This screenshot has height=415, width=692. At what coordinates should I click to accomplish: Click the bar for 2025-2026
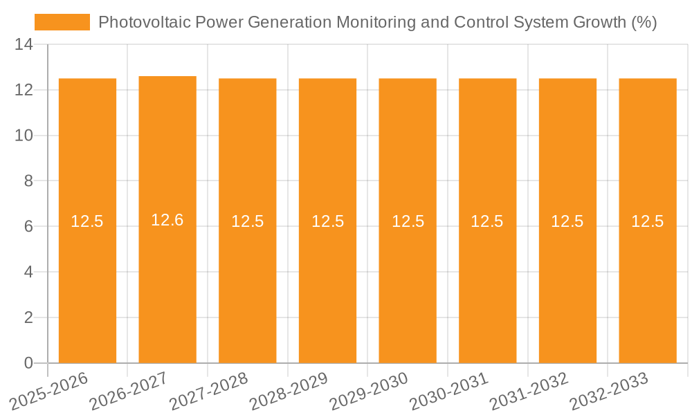coord(87,277)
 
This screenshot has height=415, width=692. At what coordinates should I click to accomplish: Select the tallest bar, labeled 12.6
coord(167,277)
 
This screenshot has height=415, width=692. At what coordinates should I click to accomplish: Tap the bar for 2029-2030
coord(408,277)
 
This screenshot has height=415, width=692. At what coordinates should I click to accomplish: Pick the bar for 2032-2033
coord(648,277)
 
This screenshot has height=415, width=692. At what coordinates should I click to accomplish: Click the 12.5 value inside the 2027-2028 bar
coord(248,221)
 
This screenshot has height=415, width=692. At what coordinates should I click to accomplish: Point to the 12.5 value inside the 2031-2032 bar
coord(567,221)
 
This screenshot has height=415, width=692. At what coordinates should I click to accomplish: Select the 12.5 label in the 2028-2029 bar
coord(328,221)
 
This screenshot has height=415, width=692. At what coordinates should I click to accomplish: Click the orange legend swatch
coord(62,22)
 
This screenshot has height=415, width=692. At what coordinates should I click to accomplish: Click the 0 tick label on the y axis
coord(28,363)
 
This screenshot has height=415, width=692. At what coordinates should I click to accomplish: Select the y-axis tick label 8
coord(28,181)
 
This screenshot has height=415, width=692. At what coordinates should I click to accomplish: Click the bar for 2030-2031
coord(487,277)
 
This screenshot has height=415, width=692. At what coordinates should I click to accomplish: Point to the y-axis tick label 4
coord(28,272)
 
